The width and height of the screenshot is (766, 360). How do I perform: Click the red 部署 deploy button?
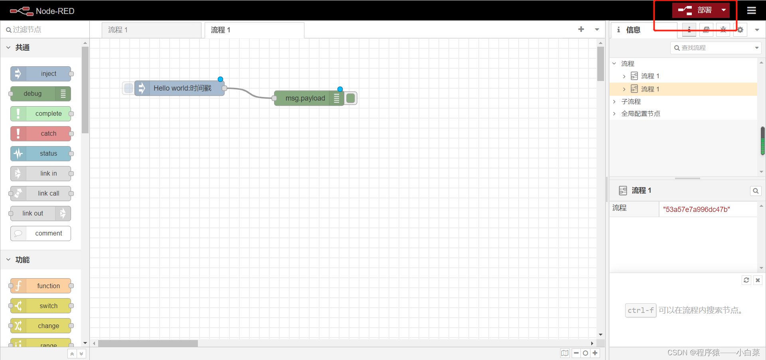tap(696, 10)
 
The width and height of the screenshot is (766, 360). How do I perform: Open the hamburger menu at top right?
tap(751, 10)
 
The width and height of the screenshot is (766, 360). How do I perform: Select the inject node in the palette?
tap(41, 74)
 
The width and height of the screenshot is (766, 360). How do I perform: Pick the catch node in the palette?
tap(41, 134)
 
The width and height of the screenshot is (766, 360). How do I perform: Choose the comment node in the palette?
tap(41, 233)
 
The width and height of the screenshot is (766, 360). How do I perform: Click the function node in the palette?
tap(41, 286)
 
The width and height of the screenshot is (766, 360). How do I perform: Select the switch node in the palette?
tap(41, 306)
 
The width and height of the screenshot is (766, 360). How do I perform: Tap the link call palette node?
tap(41, 194)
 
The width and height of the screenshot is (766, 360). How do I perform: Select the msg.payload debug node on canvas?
tap(305, 98)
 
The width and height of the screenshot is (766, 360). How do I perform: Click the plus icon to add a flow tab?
tap(581, 29)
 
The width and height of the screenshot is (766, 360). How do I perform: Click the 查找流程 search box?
tap(714, 48)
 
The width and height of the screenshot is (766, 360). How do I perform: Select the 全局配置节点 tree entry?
tap(640, 114)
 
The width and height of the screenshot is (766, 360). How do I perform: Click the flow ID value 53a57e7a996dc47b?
tap(696, 210)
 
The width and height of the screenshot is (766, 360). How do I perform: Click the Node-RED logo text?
tap(55, 11)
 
